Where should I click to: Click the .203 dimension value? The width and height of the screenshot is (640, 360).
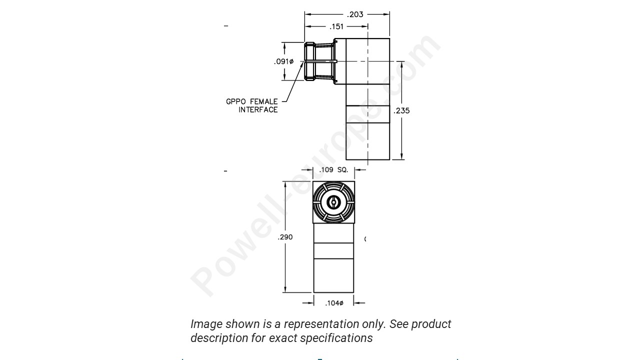coord(355,14)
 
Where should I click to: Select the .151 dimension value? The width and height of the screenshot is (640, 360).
coord(336,26)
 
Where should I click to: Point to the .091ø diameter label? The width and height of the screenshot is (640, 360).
coord(283,61)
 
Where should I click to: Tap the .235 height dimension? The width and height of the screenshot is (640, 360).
coord(401,111)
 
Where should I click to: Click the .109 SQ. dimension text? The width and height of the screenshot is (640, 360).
coord(333,170)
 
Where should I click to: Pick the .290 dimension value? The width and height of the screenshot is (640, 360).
coord(285,237)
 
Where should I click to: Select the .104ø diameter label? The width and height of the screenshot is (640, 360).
coord(334,303)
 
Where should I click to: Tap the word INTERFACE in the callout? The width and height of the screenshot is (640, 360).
coord(258,110)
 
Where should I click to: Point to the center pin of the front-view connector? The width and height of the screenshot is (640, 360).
coord(333,202)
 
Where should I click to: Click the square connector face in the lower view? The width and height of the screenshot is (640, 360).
coord(333,202)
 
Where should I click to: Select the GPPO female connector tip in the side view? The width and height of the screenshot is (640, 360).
coord(310,61)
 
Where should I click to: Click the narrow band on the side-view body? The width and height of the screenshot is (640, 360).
coord(367,114)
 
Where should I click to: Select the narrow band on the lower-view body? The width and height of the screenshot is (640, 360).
coord(333,250)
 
